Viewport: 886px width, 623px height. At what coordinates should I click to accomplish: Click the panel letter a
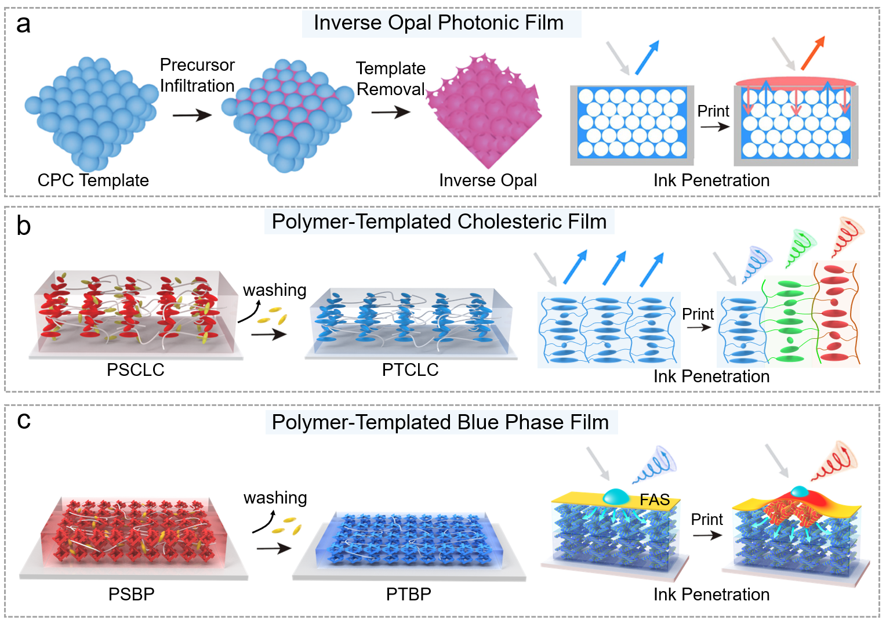[x=23, y=25]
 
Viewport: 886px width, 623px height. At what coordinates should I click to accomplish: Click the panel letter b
[x=23, y=226]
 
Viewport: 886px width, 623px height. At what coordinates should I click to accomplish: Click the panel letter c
[x=23, y=420]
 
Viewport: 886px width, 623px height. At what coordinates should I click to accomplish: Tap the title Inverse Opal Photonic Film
[x=438, y=23]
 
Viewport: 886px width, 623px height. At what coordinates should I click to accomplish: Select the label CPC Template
[x=93, y=180]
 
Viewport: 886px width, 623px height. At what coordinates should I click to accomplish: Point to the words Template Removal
[x=391, y=79]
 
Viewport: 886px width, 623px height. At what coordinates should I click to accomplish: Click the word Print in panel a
[x=713, y=111]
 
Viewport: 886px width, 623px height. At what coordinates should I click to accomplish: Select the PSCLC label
[x=135, y=370]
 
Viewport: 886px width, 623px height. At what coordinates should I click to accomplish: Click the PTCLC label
[x=410, y=370]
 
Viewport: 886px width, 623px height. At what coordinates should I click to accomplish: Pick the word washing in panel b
[x=274, y=290]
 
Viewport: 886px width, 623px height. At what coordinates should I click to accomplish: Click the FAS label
[x=655, y=499]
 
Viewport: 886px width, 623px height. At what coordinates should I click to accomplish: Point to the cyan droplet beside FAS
[x=616, y=497]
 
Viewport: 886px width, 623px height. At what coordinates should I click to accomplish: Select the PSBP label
[x=131, y=595]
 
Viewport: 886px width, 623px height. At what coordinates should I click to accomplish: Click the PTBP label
[x=408, y=595]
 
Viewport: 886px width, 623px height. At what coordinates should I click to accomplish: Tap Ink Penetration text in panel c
[x=711, y=595]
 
